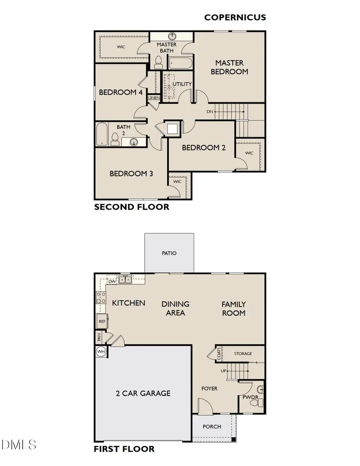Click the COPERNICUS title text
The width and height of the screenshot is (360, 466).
[235, 17]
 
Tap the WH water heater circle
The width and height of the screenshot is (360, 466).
[101, 352]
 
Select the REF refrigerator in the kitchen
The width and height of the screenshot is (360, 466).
[102, 321]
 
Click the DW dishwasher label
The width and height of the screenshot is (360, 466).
[112, 282]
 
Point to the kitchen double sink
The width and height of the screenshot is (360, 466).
[126, 280]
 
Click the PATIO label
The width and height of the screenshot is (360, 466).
[169, 253]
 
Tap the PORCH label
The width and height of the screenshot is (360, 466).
[212, 426]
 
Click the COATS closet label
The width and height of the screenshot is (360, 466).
[219, 354]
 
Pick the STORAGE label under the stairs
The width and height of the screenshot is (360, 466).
[243, 354]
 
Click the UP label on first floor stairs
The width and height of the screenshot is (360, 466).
[224, 371]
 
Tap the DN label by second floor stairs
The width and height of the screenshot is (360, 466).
[210, 112]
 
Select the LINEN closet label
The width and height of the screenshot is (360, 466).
[154, 98]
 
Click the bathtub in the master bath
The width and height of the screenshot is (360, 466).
[180, 63]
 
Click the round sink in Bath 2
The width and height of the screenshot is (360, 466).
[134, 142]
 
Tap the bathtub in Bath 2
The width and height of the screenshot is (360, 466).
[101, 134]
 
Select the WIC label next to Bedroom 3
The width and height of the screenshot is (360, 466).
[177, 182]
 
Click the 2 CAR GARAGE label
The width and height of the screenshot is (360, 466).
[143, 394]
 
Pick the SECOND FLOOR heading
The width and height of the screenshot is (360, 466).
[132, 207]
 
